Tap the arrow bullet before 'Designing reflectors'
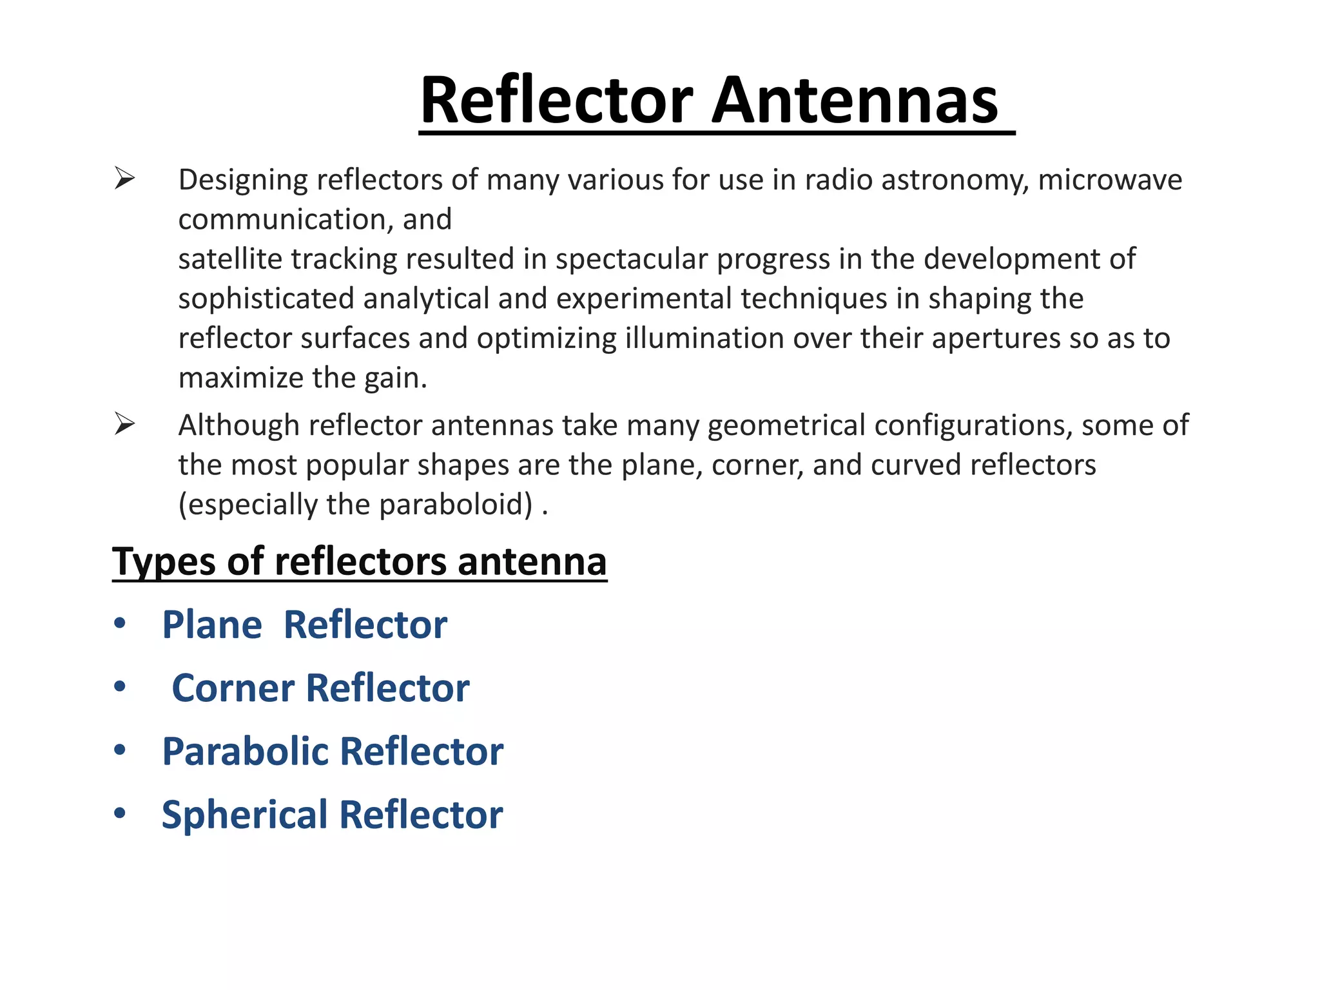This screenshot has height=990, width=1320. [124, 178]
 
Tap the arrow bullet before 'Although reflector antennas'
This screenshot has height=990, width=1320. [124, 423]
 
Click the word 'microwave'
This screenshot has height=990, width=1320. [1109, 180]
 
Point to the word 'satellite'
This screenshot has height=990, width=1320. [230, 259]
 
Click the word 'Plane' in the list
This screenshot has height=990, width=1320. [212, 625]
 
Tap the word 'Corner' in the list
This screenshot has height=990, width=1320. [233, 688]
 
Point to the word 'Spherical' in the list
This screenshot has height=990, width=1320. [245, 815]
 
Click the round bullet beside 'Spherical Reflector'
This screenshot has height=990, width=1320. [120, 813]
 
